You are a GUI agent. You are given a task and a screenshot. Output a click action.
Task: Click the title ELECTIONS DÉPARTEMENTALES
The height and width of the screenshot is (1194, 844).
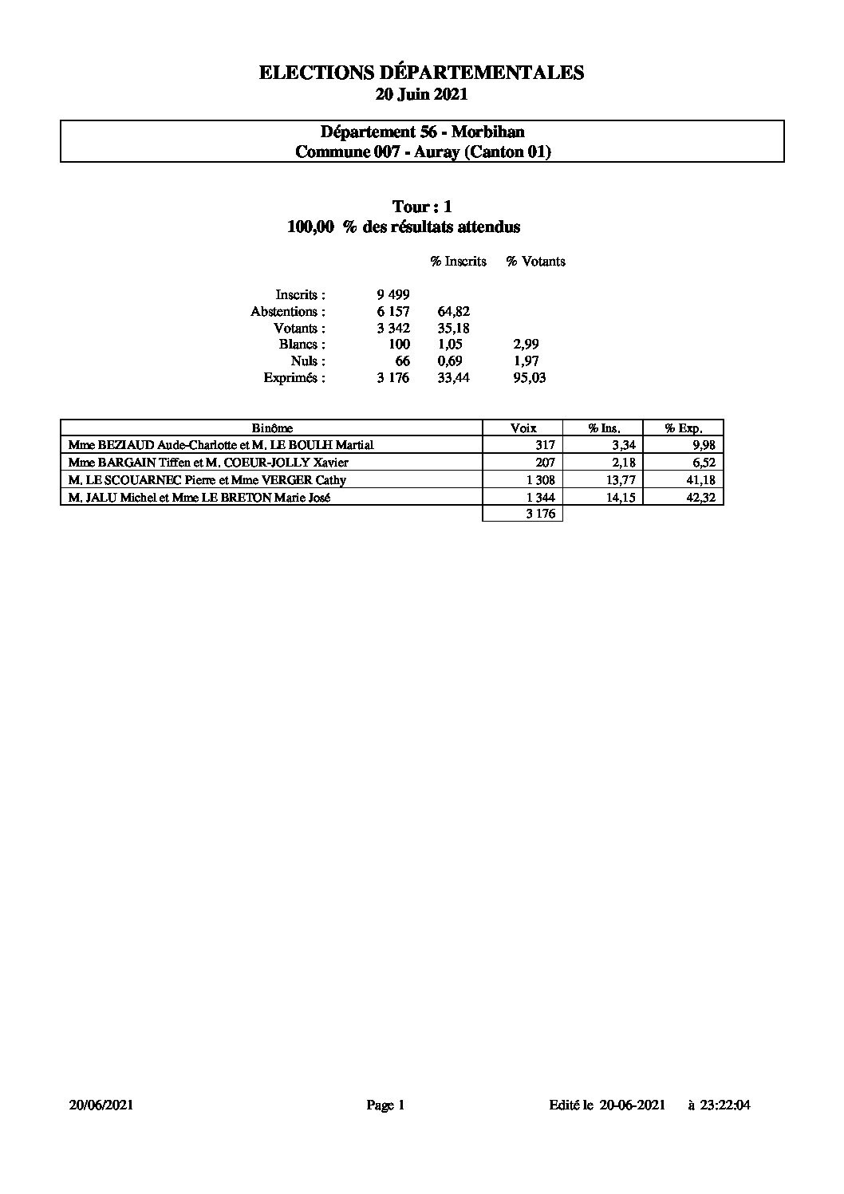(x=421, y=73)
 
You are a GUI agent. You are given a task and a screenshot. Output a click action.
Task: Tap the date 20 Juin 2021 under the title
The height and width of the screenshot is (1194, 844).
(x=421, y=94)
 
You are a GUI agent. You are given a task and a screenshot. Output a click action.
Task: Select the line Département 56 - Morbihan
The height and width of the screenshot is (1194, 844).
(x=422, y=132)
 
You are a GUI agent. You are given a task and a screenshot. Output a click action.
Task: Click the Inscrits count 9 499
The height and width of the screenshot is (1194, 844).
(x=393, y=295)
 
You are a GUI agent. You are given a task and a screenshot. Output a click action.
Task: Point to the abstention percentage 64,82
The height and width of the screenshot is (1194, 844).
(x=454, y=312)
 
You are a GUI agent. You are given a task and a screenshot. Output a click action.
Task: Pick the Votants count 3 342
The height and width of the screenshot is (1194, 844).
(x=393, y=329)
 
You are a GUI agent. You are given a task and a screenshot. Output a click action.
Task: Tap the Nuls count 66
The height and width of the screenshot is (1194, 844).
(x=403, y=361)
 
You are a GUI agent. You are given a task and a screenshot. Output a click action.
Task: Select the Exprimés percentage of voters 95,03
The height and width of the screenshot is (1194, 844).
(x=530, y=378)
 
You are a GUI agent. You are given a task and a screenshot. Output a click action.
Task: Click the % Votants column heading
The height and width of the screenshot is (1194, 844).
(x=535, y=262)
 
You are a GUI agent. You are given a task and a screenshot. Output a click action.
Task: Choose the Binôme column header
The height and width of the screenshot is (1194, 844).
(x=272, y=428)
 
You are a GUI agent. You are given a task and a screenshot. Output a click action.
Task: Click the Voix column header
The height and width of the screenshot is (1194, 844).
(x=523, y=428)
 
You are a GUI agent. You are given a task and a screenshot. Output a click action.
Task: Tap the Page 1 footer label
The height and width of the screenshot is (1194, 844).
(x=386, y=1105)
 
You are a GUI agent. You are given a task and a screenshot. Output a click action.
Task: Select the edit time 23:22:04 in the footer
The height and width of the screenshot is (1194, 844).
(x=726, y=1105)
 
